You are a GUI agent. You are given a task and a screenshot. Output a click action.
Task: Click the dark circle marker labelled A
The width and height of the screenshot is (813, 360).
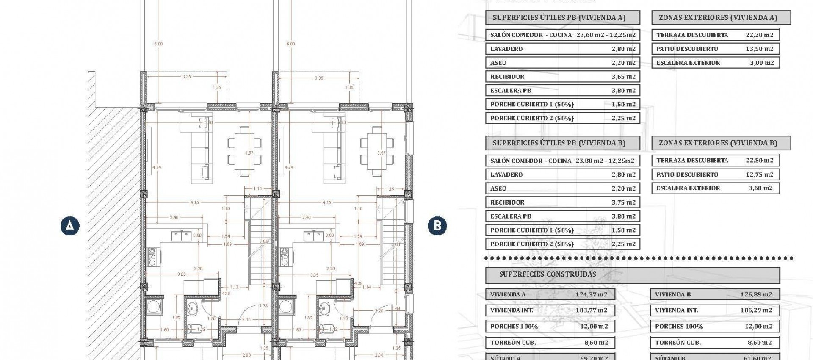click(70, 225)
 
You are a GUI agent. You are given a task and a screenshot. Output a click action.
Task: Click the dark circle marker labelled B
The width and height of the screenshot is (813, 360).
click(437, 225)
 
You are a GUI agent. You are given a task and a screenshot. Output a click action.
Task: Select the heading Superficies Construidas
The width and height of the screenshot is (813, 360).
click(548, 274)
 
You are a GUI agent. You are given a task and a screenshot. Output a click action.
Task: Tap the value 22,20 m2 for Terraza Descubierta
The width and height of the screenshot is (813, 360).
click(760, 35)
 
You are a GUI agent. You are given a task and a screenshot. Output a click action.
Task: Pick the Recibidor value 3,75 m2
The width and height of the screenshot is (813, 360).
click(623, 202)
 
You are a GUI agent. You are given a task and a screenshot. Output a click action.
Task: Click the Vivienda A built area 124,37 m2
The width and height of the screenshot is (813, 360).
click(591, 294)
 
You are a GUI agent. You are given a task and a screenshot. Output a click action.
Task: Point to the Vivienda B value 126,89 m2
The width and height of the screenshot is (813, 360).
click(756, 294)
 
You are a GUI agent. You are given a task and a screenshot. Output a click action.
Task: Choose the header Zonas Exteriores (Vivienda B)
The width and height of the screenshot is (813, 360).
click(718, 143)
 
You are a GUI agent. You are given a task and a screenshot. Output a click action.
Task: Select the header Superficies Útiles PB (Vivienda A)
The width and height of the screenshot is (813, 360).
click(559, 18)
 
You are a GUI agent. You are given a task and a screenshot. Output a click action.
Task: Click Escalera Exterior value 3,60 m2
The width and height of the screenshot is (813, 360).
click(760, 188)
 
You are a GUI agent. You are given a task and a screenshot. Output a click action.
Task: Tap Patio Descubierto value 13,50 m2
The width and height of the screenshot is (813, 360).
click(760, 49)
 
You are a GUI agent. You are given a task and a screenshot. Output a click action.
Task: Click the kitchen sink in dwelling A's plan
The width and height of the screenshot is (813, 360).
click(181, 236)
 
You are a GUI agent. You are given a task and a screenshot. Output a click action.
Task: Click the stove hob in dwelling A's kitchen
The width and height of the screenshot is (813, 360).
click(152, 257)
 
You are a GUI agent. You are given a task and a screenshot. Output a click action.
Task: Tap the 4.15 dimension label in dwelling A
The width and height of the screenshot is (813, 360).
click(194, 203)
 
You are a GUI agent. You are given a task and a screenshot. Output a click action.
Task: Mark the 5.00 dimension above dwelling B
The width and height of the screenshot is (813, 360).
click(290, 44)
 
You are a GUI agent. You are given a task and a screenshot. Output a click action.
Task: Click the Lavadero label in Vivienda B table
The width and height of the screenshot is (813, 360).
click(506, 174)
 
